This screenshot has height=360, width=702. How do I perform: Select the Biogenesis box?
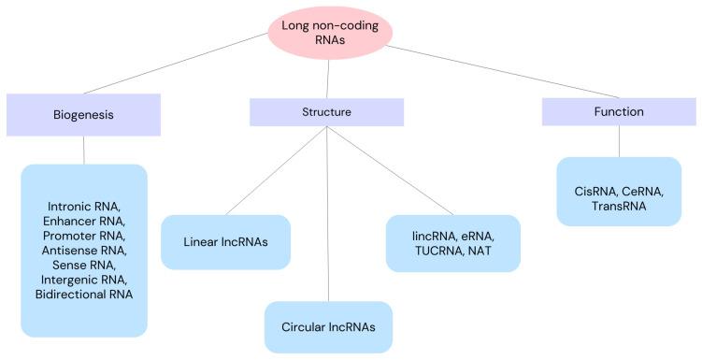point(83,115)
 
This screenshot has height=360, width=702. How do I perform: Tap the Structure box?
point(326,111)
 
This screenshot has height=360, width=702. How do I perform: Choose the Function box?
point(618,111)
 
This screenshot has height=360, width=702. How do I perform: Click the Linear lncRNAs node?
point(225,242)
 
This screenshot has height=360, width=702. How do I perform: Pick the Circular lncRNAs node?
point(328,327)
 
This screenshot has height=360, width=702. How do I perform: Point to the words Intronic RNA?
point(83,204)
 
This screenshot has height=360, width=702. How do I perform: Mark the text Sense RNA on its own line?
point(83,264)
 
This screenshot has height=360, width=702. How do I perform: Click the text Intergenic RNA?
point(83,279)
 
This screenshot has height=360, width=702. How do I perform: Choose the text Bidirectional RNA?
point(83,294)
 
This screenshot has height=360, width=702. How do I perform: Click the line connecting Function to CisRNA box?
point(618,141)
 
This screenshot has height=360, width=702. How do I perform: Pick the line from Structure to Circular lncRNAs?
point(327,215)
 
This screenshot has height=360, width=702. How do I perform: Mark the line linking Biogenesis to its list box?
point(83,150)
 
